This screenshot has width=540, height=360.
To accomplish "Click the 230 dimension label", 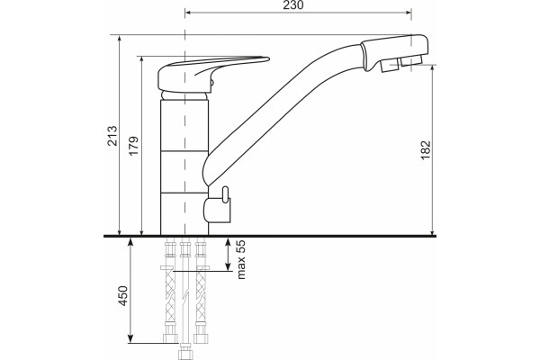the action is coord(293,4).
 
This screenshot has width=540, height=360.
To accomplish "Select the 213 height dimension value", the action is coord(112,136).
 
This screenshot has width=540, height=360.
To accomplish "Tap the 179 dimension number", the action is coord(133,146).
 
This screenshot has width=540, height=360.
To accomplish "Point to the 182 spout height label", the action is coord(426,150).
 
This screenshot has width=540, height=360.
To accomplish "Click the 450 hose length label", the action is coord(122,296).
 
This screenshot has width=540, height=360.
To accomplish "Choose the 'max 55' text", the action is coord(241,259).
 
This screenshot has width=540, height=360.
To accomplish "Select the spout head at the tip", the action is coord(395,52).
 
